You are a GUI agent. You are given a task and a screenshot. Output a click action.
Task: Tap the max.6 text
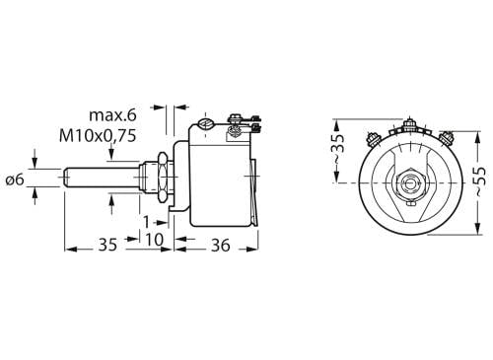click(x=111, y=116)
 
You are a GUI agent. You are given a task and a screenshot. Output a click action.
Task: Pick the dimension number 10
click(x=154, y=239)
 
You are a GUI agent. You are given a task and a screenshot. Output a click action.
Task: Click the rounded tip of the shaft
click(x=68, y=179)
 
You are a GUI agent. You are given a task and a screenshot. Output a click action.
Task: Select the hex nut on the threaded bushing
click(x=156, y=179)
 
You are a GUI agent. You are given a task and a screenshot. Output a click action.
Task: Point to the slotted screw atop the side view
click(x=206, y=124)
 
